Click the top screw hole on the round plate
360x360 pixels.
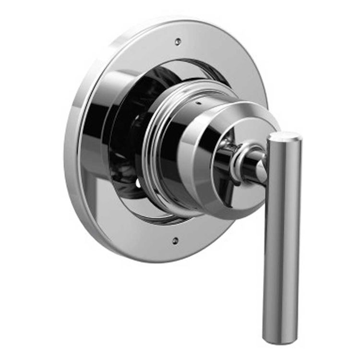(178, 42)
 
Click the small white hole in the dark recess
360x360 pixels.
(139, 183)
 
